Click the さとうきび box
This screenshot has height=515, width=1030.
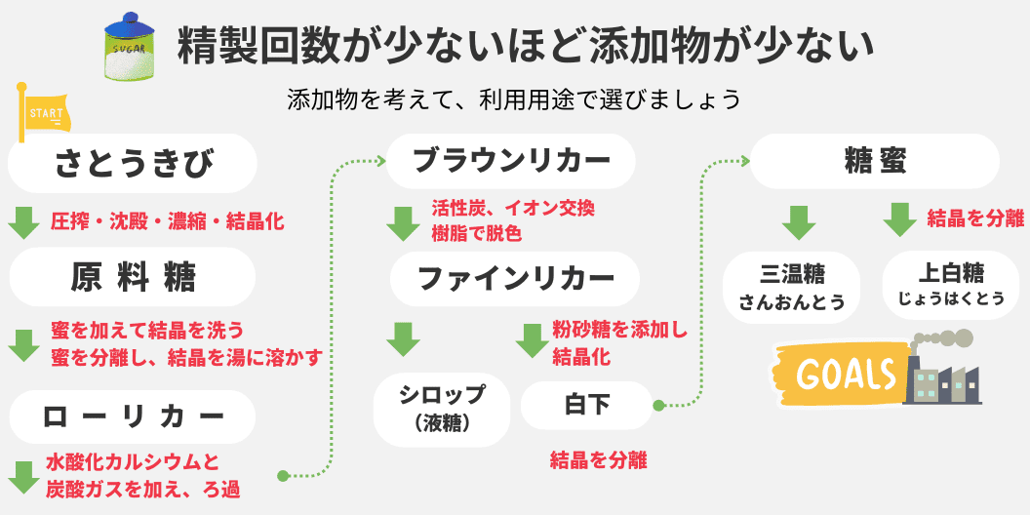pyautogui.click(x=133, y=162)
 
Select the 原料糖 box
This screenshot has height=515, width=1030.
pyautogui.click(x=133, y=278)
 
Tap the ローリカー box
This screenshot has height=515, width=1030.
pyautogui.click(x=133, y=416)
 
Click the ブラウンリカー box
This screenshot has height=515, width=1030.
pyautogui.click(x=510, y=160)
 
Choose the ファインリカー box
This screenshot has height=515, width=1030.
pyautogui.click(x=516, y=278)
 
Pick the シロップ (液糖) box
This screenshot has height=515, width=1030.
pyautogui.click(x=442, y=408)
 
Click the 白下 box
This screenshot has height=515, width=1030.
pyautogui.click(x=586, y=405)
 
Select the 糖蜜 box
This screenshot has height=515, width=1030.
pyautogui.click(x=874, y=161)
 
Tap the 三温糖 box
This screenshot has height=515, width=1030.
pyautogui.click(x=791, y=287)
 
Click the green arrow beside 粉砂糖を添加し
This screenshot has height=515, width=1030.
pyautogui.click(x=533, y=340)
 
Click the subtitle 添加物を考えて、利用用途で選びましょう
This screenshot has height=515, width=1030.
pyautogui.click(x=514, y=100)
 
